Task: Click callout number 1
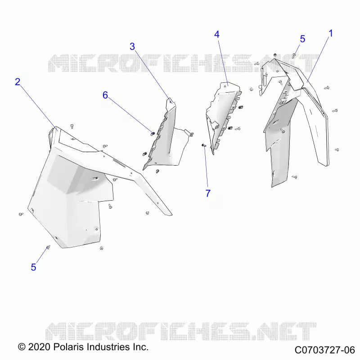tap(331, 33)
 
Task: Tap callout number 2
tap(18, 82)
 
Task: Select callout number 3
tap(132, 47)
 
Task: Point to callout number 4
tap(217, 35)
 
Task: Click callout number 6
tap(105, 95)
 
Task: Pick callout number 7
tap(208, 193)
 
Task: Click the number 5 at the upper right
tap(302, 39)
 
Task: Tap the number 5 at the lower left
tap(33, 267)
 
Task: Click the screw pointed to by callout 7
tap(204, 145)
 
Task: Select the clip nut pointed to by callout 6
tap(153, 133)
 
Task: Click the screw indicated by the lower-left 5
tap(48, 247)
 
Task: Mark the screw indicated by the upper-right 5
tap(294, 55)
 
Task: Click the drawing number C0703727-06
tap(325, 350)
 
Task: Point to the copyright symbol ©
tap(22, 347)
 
